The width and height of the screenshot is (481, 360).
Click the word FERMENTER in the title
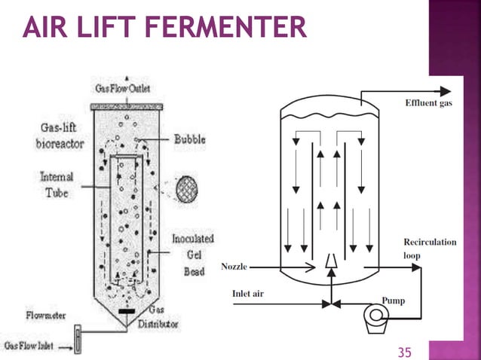[225, 27]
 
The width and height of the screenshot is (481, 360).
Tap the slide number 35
[404, 352]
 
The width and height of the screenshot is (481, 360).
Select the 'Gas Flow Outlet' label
[123, 89]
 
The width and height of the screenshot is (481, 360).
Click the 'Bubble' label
[190, 139]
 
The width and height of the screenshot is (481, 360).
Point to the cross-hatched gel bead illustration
[186, 189]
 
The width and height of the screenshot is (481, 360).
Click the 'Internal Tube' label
[57, 185]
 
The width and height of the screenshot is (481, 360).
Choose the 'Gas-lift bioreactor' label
[60, 136]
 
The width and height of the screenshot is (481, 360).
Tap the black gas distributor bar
[127, 312]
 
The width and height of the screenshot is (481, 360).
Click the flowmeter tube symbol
[78, 339]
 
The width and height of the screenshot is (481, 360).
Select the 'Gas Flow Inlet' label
[29, 346]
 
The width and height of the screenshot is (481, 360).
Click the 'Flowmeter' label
[46, 316]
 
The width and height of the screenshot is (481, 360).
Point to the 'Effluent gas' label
[428, 103]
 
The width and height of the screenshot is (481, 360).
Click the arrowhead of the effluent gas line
[446, 91]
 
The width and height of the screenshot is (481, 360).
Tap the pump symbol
[375, 319]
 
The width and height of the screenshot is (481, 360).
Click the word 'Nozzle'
[234, 267]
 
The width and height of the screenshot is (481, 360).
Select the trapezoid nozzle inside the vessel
[331, 261]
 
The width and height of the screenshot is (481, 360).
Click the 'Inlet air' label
[248, 294]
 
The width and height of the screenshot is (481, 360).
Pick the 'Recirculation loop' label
[430, 249]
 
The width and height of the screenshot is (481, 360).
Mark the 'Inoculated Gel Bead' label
[193, 255]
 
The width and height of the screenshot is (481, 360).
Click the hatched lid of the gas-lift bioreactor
[127, 107]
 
